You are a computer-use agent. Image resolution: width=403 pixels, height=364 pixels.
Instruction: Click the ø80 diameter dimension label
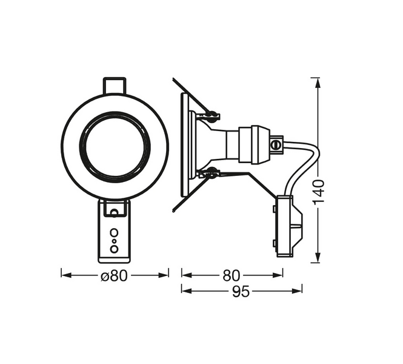pos(115,275)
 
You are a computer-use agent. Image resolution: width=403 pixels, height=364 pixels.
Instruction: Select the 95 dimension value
pos(241,291)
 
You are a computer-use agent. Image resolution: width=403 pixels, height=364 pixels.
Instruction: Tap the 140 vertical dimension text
pos(321,191)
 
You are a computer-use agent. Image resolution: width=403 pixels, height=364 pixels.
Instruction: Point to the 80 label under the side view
pos(231,275)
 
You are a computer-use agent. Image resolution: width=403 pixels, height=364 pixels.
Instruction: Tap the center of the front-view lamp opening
pos(114,146)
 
